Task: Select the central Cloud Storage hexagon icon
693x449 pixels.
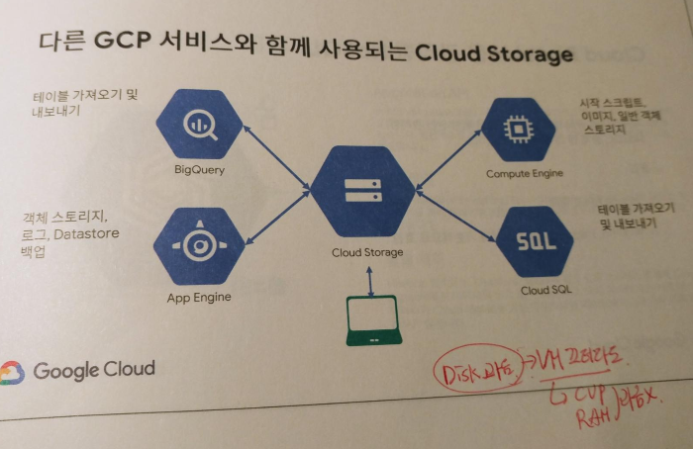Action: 361,191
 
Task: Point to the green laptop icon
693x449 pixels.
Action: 374,320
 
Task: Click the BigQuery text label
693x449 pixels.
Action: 199,169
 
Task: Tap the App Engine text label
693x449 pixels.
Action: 199,297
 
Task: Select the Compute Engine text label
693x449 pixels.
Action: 525,173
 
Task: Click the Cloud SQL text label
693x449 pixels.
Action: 545,291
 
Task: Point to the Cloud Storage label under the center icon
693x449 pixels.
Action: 367,252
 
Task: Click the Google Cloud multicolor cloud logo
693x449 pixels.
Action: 12,372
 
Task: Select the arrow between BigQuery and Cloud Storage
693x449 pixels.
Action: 276,157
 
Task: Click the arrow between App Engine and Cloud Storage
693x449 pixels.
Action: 276,220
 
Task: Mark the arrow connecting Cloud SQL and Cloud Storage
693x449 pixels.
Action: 455,218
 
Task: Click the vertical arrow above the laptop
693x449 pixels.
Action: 370,279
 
